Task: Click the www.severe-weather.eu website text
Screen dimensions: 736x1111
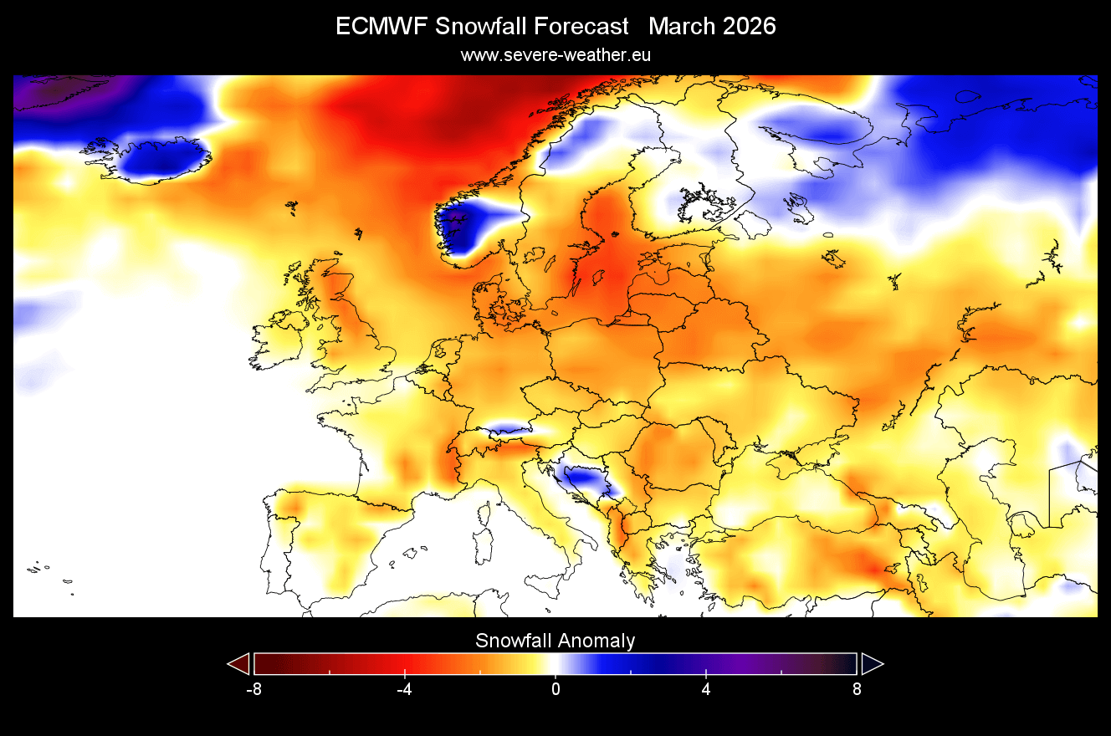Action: pyautogui.click(x=555, y=55)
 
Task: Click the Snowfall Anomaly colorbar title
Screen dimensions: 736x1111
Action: pyautogui.click(x=555, y=641)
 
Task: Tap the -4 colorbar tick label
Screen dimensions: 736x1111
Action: pyautogui.click(x=405, y=690)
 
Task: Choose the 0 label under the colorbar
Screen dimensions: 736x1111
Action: pyautogui.click(x=555, y=690)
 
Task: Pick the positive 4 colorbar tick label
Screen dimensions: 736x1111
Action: pyautogui.click(x=706, y=690)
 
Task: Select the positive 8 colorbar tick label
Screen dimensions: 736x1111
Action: pyautogui.click(x=857, y=690)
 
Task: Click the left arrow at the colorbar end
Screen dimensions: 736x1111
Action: pyautogui.click(x=239, y=664)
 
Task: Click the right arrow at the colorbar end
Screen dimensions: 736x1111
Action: pyautogui.click(x=872, y=664)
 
